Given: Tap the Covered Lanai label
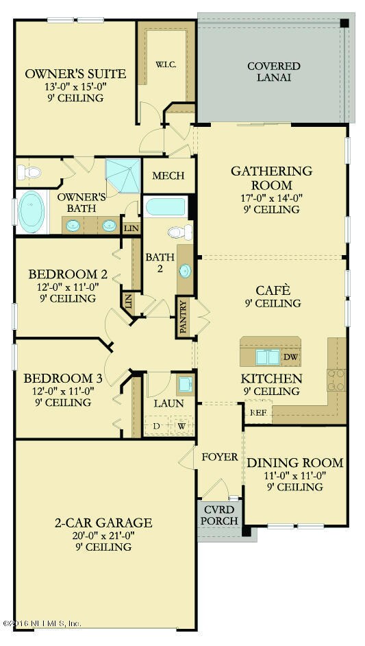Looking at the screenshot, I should pos(273,72).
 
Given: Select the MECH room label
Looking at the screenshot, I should pos(168,176).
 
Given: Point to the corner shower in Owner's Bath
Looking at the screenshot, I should pos(122,176).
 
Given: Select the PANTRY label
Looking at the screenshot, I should pos(183,316).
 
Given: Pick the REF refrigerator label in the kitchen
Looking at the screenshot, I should pos(257,412).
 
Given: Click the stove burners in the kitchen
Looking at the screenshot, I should pos(336,379).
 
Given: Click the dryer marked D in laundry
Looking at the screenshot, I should pos(155,427).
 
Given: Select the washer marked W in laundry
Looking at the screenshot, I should pos(181,427).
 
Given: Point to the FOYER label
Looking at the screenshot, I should pos(219,457).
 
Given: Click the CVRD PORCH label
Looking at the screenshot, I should pos(220,516).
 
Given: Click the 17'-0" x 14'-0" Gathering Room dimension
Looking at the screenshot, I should pos(271,198).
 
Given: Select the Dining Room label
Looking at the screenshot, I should pos(294,463).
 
